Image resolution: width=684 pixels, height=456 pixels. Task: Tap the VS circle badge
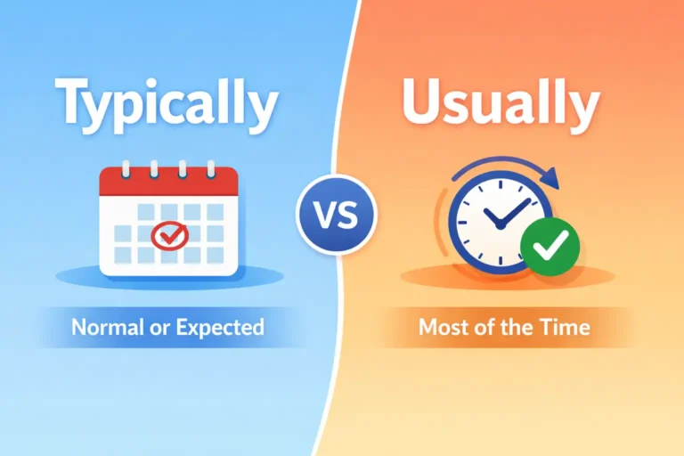tap(337, 215)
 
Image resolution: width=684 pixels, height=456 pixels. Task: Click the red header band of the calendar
tap(167, 183)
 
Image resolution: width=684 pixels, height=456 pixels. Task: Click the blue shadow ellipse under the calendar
tap(169, 278)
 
